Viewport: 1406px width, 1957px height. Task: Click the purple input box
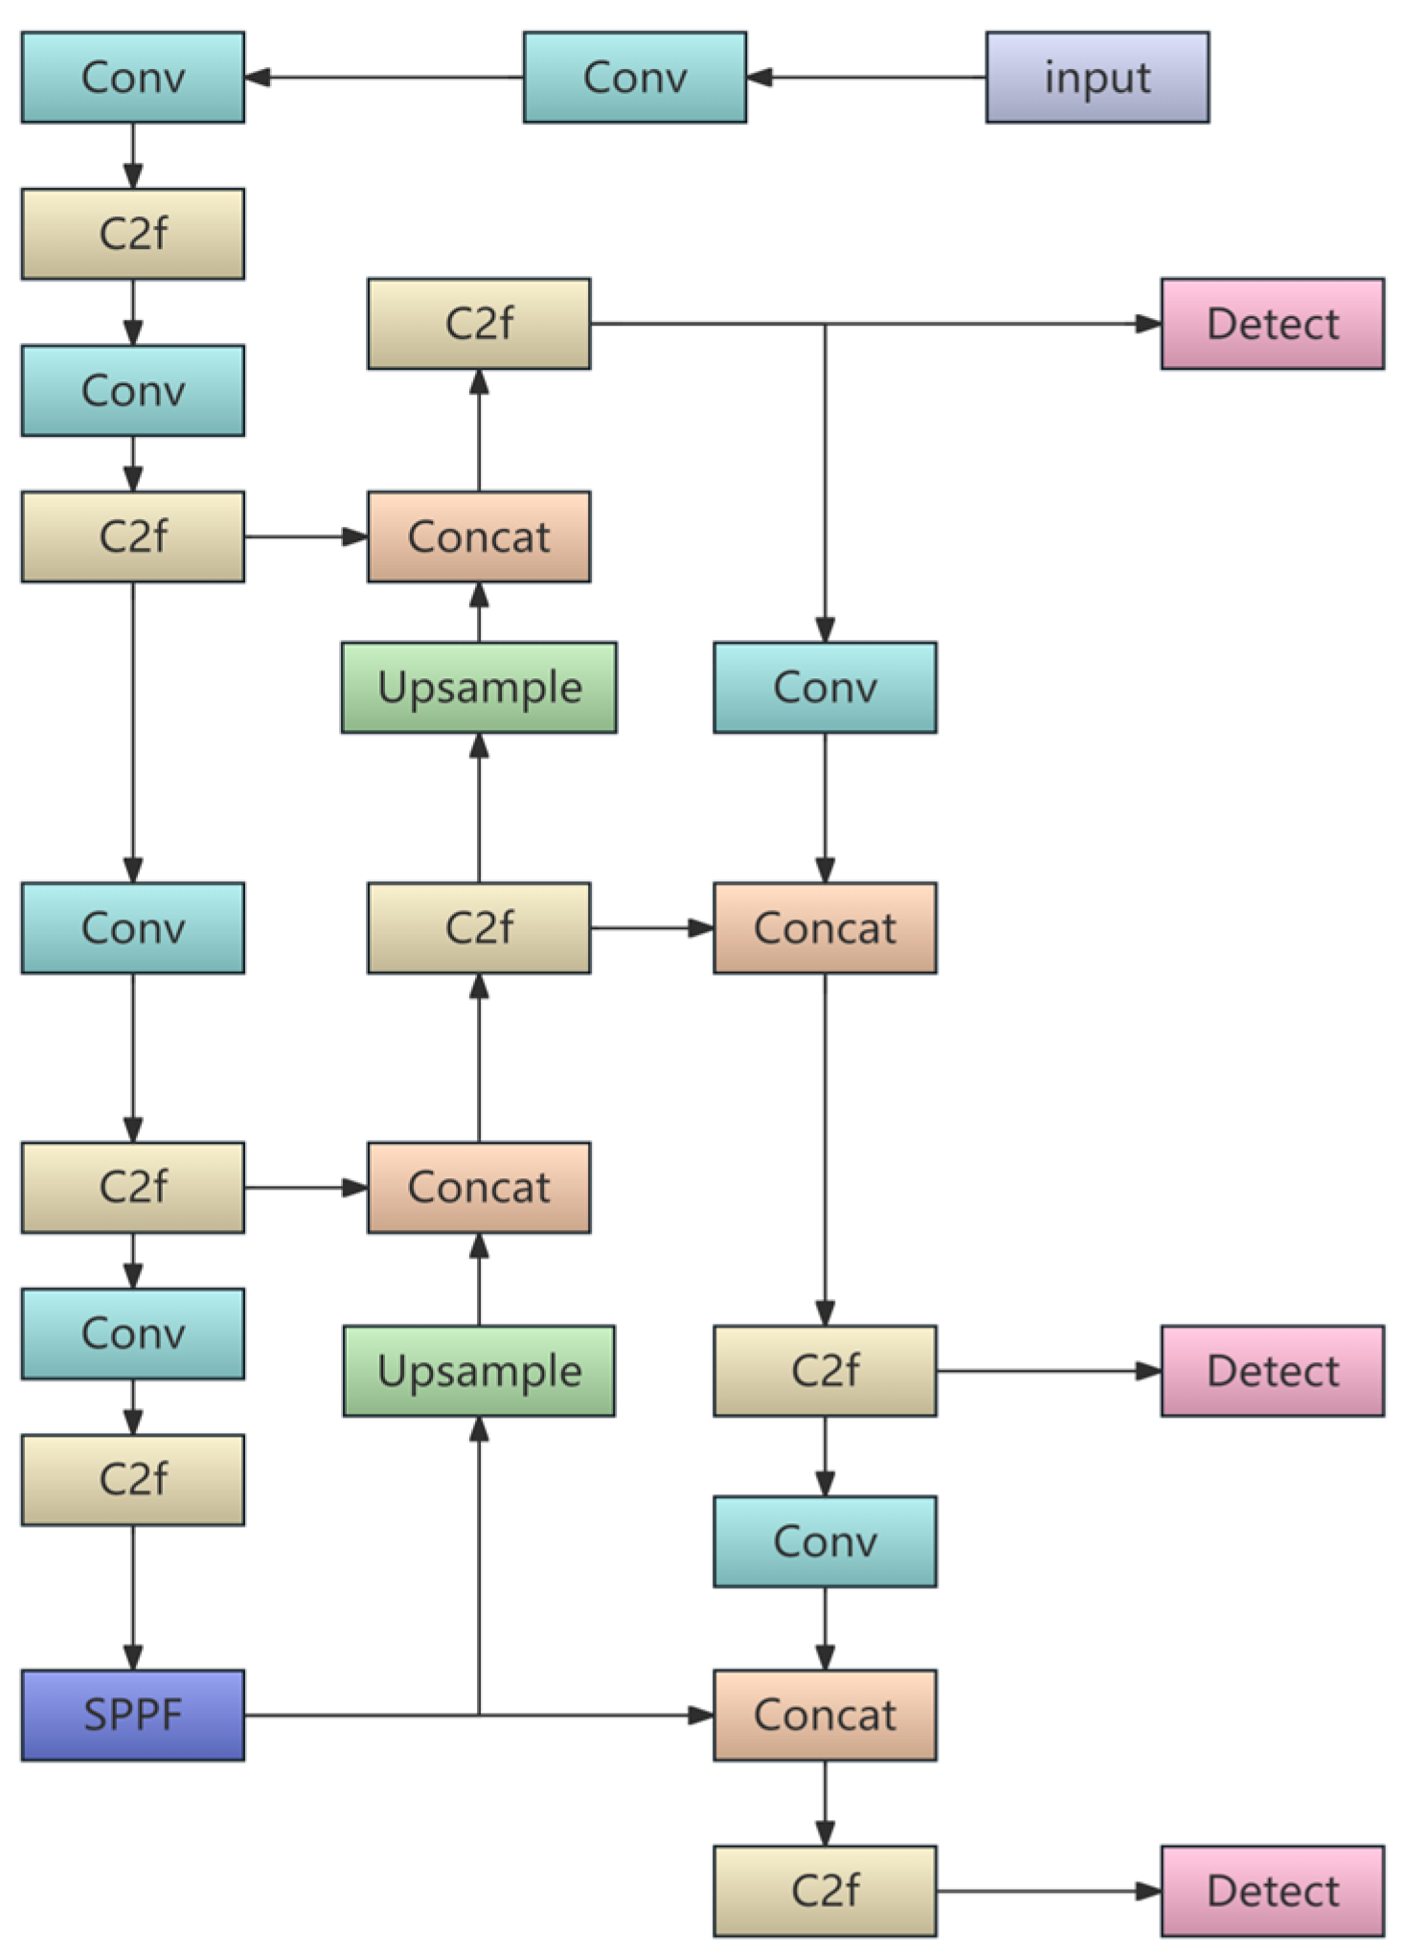1097,78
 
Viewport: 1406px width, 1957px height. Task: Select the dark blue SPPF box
133,1715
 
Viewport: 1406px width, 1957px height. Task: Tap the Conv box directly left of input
634,78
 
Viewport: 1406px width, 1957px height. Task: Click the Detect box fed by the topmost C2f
1272,324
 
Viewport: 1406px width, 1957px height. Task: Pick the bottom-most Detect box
1272,1891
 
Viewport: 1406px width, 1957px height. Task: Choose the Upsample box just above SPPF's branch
479,1371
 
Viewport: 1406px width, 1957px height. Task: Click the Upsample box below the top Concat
479,688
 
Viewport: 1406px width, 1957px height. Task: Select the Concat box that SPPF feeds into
825,1715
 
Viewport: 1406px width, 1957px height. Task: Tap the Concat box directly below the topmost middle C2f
479,536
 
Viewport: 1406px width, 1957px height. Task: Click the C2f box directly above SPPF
133,1479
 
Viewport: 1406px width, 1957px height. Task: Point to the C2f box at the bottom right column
825,1891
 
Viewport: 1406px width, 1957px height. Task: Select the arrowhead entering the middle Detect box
1148,1371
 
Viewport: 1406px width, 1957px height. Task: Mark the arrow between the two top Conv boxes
383,78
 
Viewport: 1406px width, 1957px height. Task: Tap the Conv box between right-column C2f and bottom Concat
825,1541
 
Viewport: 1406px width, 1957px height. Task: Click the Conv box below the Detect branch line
825,688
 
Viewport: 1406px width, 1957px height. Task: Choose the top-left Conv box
133,78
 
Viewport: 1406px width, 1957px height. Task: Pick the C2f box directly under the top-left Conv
133,234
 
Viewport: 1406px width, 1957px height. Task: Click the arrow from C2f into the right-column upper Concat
652,928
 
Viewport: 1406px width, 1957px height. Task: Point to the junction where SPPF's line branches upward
479,1715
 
